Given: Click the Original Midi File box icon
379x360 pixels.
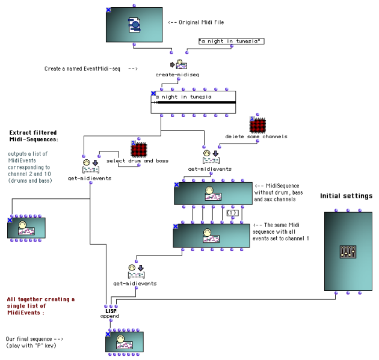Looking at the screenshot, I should click(x=134, y=25).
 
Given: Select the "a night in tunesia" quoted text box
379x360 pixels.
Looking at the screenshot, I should click(x=231, y=41).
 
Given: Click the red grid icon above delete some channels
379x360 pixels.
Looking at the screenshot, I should click(x=258, y=126).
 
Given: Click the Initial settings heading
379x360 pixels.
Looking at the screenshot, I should click(x=346, y=196).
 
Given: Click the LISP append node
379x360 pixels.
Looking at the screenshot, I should click(x=109, y=313).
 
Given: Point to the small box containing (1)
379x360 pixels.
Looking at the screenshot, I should click(x=230, y=213).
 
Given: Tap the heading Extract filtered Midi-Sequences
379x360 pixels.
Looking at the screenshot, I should click(x=34, y=136).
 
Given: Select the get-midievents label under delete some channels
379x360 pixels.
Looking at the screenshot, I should click(x=210, y=169).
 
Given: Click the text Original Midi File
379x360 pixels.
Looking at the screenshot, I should click(x=193, y=23).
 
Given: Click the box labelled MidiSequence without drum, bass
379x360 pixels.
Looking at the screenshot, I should click(x=212, y=194).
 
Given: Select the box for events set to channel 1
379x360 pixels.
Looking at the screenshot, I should click(x=211, y=235).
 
